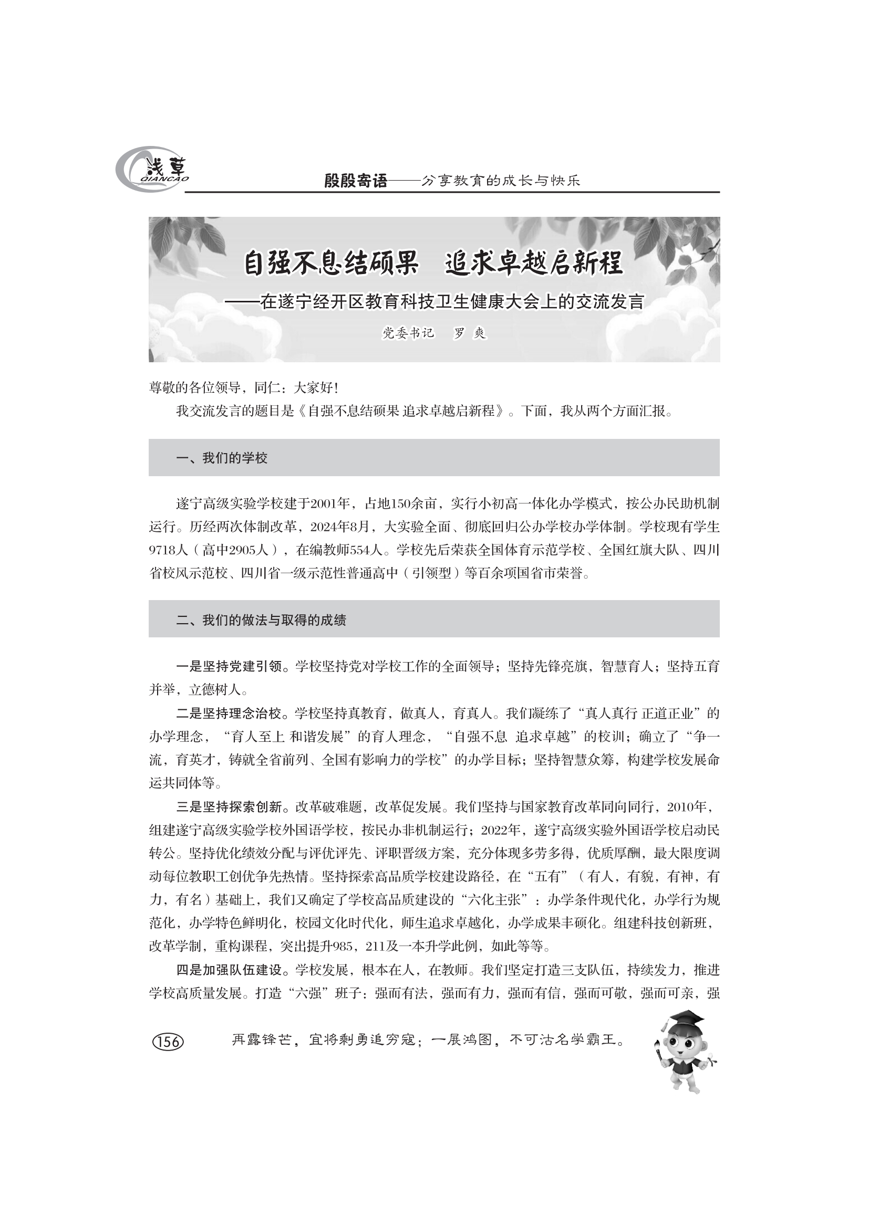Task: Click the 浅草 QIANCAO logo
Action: [x=152, y=170]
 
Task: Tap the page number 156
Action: [x=168, y=1041]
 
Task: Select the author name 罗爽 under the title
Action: [x=469, y=333]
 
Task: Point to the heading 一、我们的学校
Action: [x=222, y=458]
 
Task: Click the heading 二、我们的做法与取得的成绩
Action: [x=261, y=620]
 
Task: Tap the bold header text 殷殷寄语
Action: [x=355, y=181]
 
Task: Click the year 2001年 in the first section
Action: [x=330, y=503]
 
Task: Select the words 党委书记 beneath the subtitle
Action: [x=407, y=333]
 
